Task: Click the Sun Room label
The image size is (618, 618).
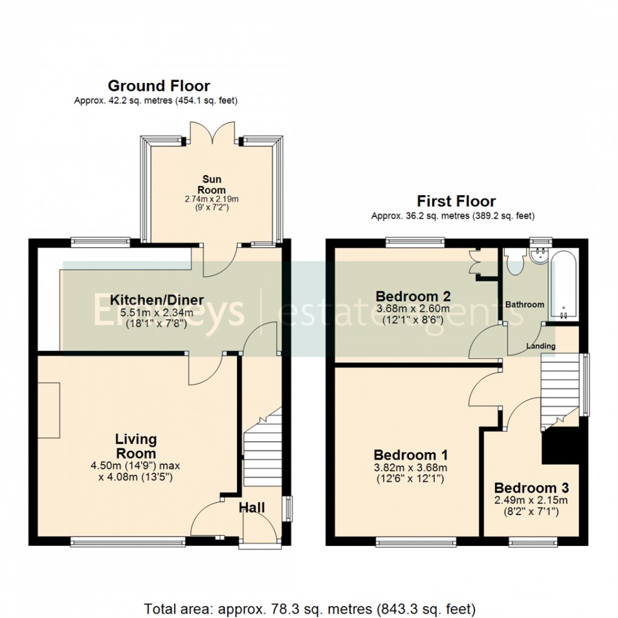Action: click(213, 184)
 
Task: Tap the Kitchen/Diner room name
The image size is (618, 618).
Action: click(156, 300)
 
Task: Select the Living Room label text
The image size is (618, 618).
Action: click(136, 446)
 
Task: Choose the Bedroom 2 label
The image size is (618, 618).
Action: click(413, 296)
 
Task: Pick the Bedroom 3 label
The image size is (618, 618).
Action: click(531, 488)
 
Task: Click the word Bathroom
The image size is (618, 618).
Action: click(525, 305)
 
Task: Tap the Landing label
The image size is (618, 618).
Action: click(540, 346)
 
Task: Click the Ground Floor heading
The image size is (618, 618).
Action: click(159, 85)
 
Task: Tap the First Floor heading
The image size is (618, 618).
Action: click(456, 201)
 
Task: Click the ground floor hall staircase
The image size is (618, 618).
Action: click(262, 445)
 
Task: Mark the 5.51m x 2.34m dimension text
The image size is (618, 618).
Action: click(156, 313)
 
